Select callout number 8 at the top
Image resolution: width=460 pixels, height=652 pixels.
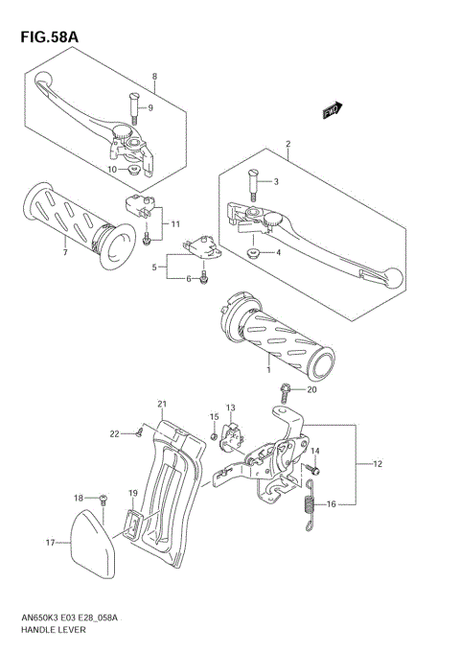pos(152,76)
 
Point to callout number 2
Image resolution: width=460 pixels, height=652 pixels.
pos(287,145)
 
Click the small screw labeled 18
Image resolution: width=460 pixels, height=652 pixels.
pos(103,499)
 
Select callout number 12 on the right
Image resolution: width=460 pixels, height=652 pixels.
pos(378,464)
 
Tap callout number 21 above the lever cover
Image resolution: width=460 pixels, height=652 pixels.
pos(162,403)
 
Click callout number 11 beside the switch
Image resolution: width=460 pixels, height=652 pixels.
pos(174,224)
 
